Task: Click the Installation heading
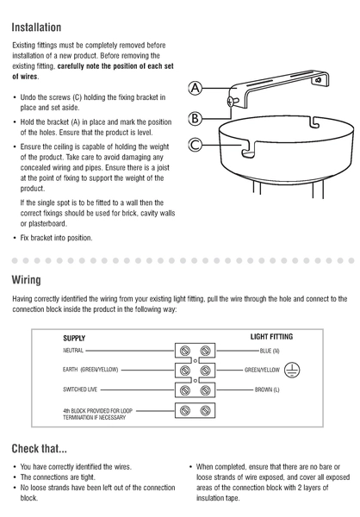36,28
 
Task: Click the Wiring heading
27,280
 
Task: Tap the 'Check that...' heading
40,448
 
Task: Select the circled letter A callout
196,88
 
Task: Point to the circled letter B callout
196,118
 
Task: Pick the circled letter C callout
196,145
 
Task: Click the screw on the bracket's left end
232,101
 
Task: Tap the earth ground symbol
292,370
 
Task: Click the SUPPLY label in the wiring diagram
74,339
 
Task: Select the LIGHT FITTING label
271,337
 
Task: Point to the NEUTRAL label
73,351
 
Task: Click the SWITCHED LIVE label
80,389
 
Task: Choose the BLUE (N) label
270,351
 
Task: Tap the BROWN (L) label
267,389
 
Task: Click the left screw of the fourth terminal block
185,410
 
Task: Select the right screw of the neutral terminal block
205,351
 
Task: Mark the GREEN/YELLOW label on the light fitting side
262,370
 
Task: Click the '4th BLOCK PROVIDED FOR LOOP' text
97,411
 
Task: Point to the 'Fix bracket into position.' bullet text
56,238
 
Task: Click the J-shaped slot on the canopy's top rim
315,121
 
